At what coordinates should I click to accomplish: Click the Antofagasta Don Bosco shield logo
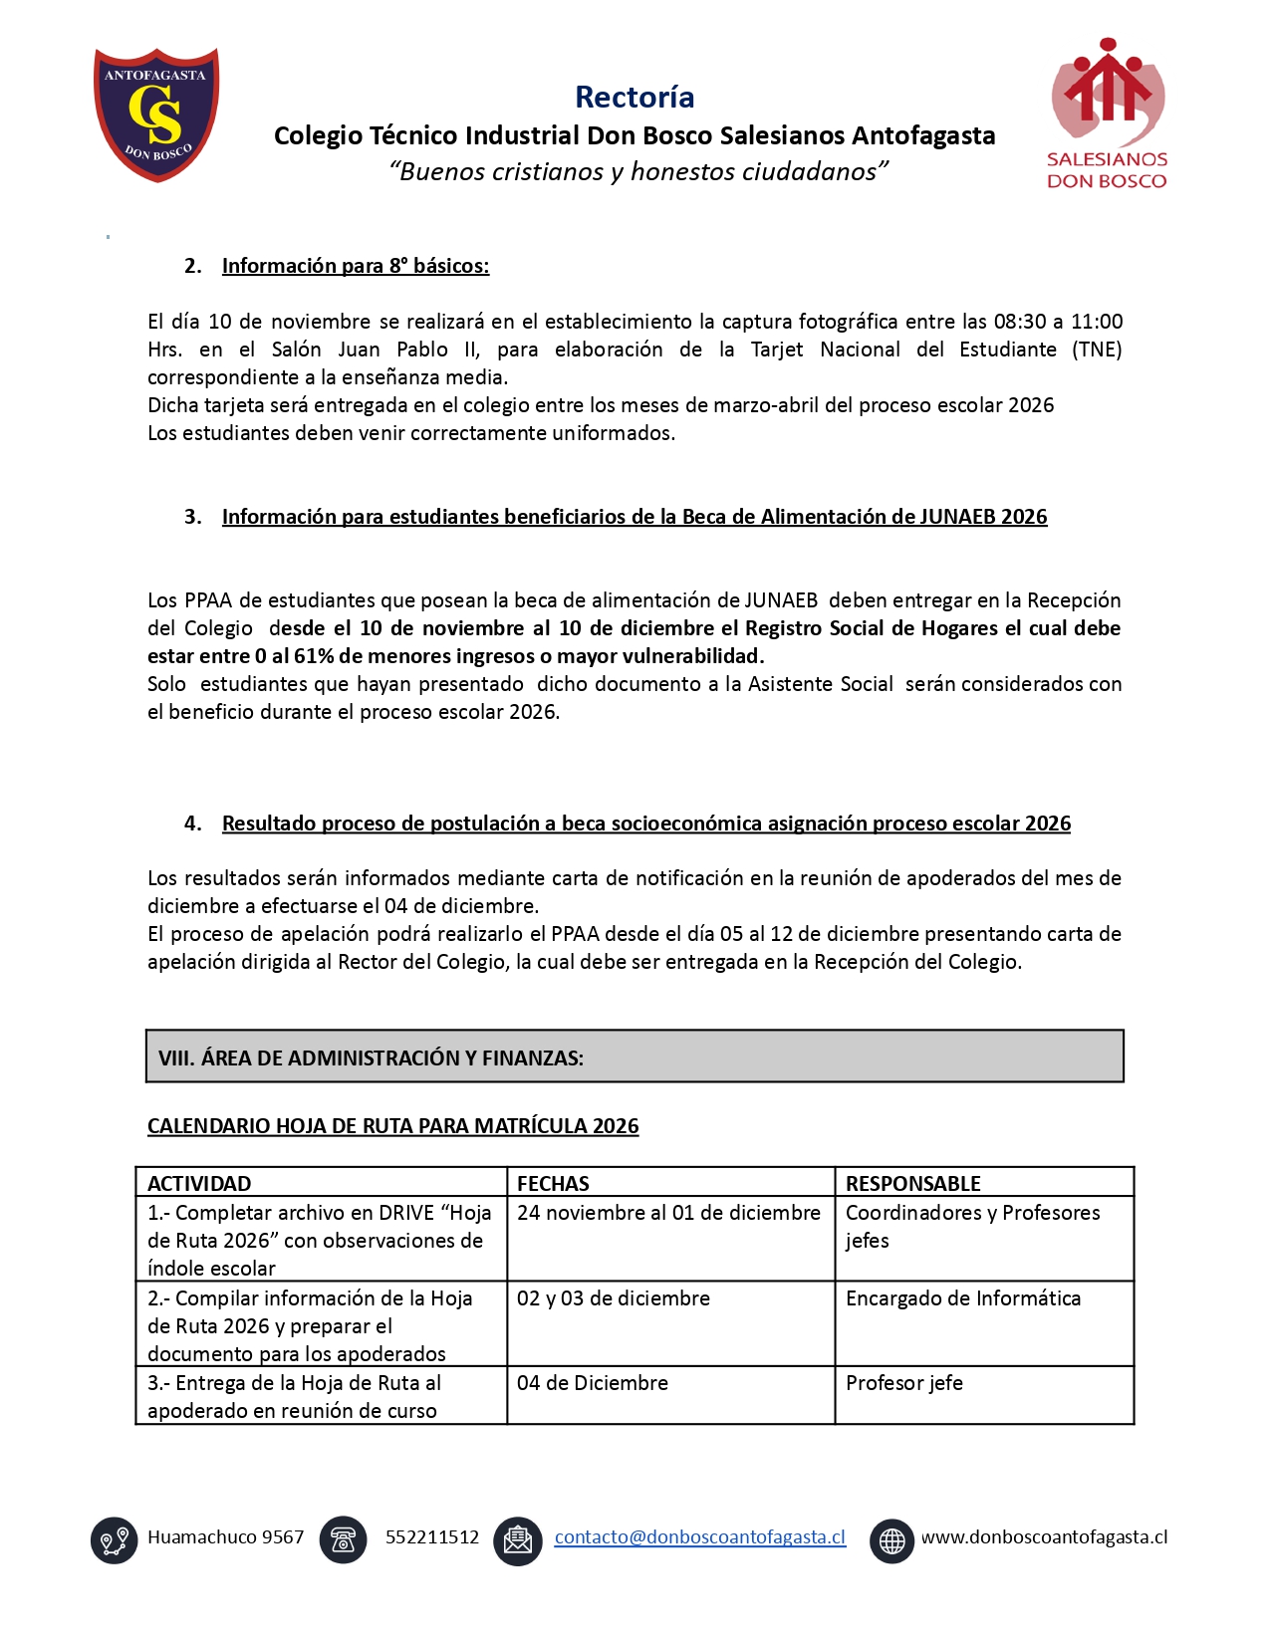pyautogui.click(x=156, y=115)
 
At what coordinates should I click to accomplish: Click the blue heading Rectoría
pyautogui.click(x=635, y=97)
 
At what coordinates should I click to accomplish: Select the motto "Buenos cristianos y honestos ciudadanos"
pyautogui.click(x=637, y=171)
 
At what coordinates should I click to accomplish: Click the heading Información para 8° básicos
pyautogui.click(x=355, y=266)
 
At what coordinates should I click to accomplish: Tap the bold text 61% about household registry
pyautogui.click(x=314, y=656)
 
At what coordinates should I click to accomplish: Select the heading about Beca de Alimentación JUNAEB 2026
pyautogui.click(x=634, y=517)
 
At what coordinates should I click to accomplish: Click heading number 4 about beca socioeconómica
pyautogui.click(x=645, y=823)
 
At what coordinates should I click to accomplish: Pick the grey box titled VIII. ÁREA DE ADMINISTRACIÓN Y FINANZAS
pyautogui.click(x=634, y=1056)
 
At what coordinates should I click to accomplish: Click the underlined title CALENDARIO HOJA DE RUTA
pyautogui.click(x=392, y=1126)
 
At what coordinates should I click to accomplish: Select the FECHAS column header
pyautogui.click(x=553, y=1183)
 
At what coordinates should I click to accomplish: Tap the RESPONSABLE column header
pyautogui.click(x=912, y=1183)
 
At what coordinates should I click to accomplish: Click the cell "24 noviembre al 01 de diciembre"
pyautogui.click(x=668, y=1213)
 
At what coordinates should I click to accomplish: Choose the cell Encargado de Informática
pyautogui.click(x=962, y=1298)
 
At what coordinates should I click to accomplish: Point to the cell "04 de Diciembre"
pyautogui.click(x=592, y=1383)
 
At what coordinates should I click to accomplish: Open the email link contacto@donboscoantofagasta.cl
pyautogui.click(x=699, y=1537)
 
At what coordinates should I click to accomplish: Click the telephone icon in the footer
pyautogui.click(x=343, y=1540)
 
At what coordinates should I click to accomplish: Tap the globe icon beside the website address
pyautogui.click(x=891, y=1540)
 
